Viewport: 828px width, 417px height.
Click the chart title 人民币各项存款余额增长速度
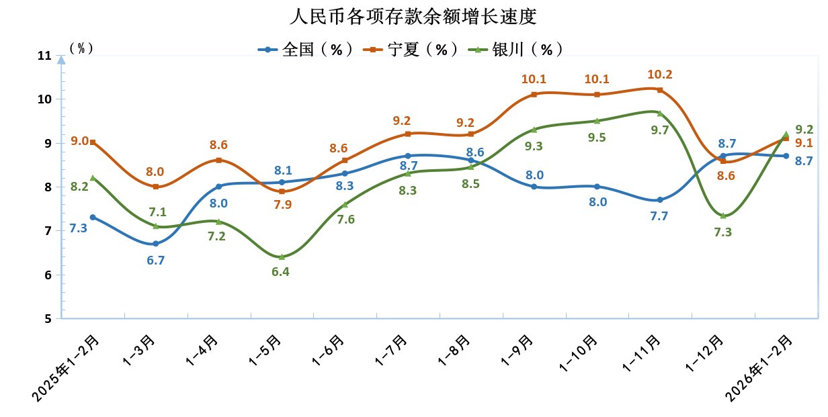point(413,16)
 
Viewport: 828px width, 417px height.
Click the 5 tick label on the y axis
point(48,319)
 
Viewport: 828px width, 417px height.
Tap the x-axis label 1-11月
point(641,353)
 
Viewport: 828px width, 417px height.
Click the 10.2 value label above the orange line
point(659,75)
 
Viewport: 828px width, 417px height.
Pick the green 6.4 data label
point(281,272)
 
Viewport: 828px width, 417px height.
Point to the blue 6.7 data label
point(156,260)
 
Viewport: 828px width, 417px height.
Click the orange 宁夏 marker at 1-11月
point(660,90)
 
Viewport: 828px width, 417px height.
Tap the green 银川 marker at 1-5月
point(282,257)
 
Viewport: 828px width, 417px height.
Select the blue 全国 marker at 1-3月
point(156,244)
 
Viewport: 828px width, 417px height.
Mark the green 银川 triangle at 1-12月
point(722,216)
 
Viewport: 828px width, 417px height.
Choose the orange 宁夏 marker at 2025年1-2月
point(93,142)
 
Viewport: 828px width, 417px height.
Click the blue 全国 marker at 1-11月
point(660,200)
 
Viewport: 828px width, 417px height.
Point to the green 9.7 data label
point(660,130)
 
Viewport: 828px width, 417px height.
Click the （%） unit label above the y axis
point(81,48)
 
